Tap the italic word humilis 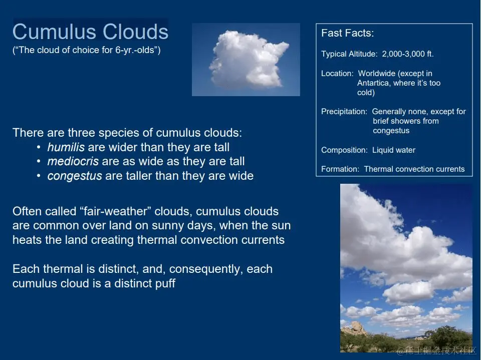point(66,147)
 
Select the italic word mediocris point(73,161)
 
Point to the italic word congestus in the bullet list point(75,176)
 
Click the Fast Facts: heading point(348,33)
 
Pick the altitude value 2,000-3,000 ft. point(408,54)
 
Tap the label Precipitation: point(344,111)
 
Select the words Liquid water point(394,150)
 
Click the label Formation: point(340,169)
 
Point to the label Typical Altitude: point(349,54)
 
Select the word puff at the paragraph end point(165,284)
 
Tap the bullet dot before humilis point(39,148)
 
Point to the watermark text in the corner point(436,350)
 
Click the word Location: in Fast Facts point(337,73)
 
